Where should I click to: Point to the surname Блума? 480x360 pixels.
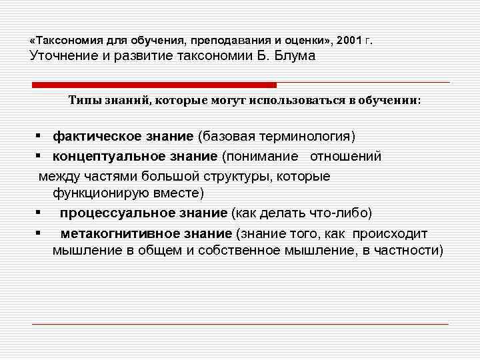click(295, 56)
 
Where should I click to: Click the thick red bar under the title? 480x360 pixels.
click(154, 85)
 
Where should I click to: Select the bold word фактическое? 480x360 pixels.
click(91, 137)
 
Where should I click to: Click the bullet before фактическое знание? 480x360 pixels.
click(41, 137)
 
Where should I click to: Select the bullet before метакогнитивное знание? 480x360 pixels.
click(41, 233)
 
